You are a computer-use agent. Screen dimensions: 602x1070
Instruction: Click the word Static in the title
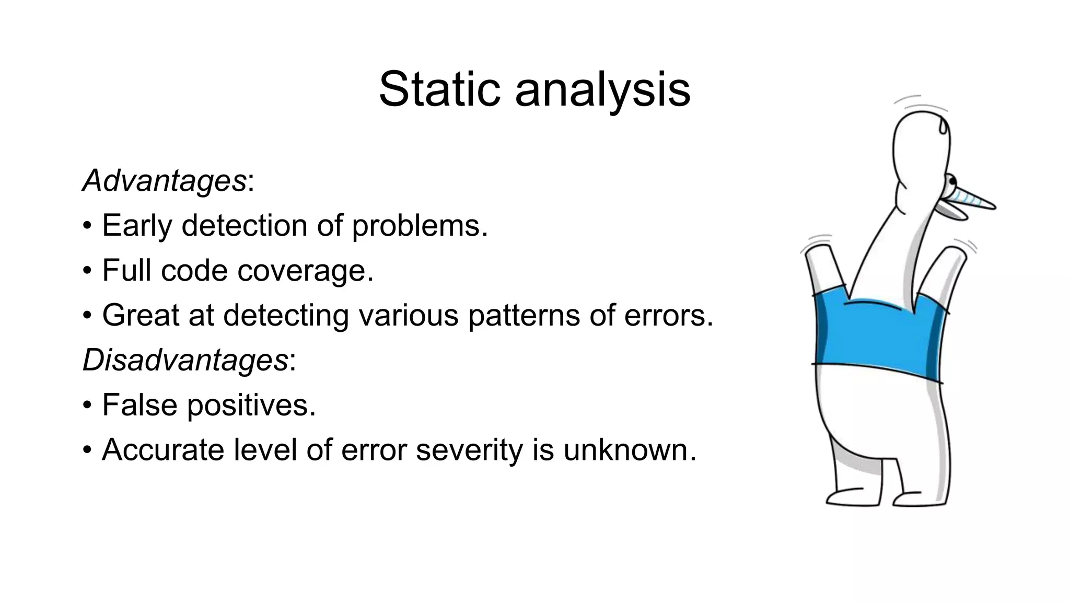[443, 90]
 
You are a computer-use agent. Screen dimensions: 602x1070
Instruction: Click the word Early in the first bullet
[137, 226]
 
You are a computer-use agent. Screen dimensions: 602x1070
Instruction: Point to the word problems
[420, 226]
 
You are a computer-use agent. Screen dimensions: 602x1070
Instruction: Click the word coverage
[305, 271]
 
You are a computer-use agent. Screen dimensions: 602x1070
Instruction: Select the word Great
[140, 316]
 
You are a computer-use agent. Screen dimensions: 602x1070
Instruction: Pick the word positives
[251, 405]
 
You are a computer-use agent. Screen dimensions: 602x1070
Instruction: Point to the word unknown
[630, 450]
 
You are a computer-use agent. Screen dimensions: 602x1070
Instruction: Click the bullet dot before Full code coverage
[87, 271]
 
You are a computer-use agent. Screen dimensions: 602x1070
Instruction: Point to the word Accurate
[162, 450]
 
